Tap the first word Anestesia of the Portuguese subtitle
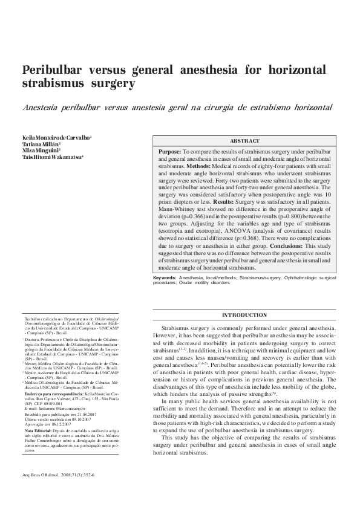pos(44,107)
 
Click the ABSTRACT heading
pos(244,140)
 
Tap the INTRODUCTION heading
pos(244,315)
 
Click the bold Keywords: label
pos(165,277)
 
